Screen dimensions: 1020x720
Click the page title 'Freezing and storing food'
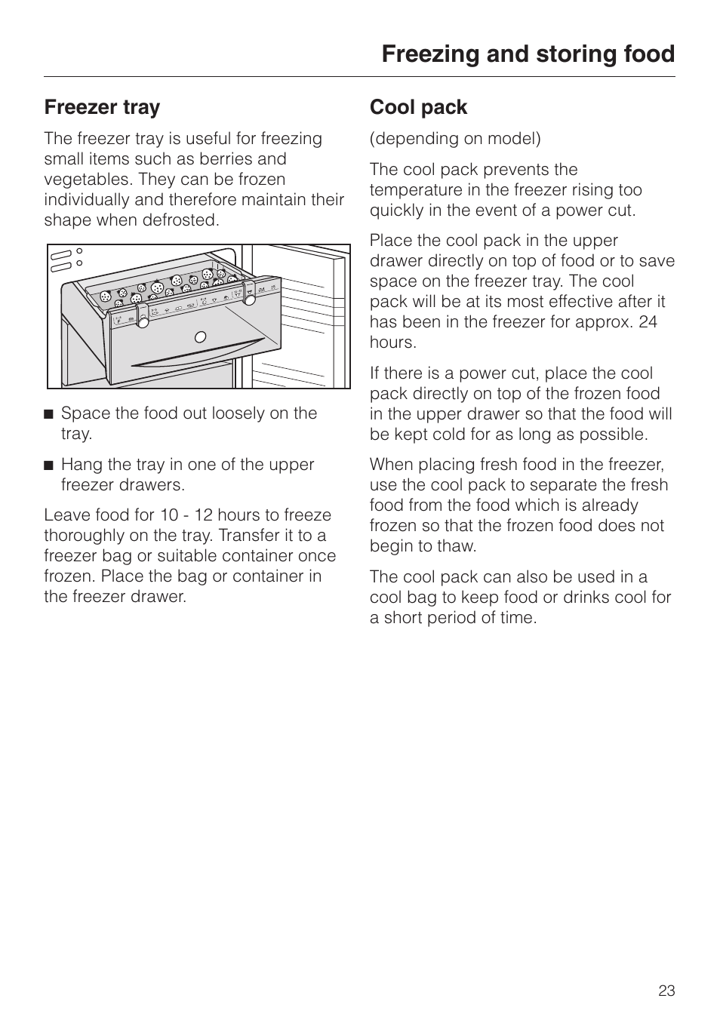pyautogui.click(x=528, y=54)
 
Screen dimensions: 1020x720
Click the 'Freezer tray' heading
pyautogui.click(x=102, y=107)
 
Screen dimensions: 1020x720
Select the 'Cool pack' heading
pyautogui.click(x=418, y=107)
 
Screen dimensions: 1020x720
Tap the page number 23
pyautogui.click(x=666, y=991)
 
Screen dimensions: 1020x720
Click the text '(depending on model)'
pyautogui.click(x=455, y=139)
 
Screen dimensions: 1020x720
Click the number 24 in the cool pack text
pyautogui.click(x=648, y=322)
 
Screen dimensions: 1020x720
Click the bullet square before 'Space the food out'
pyautogui.click(x=49, y=413)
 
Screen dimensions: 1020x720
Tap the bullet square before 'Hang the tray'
pyautogui.click(x=49, y=465)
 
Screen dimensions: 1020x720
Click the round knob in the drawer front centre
pyautogui.click(x=200, y=336)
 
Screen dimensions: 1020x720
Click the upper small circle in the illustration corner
pyautogui.click(x=79, y=251)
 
